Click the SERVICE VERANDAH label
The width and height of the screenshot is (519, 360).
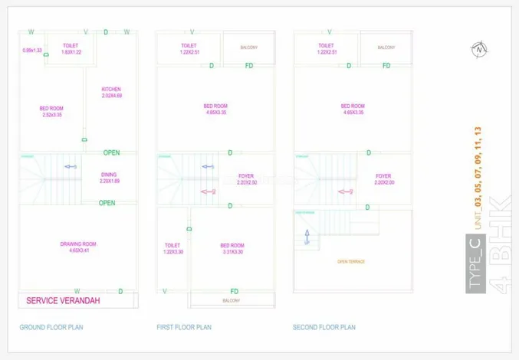64,300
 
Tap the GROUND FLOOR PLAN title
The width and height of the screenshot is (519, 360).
51,327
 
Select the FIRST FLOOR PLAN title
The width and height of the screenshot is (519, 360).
183,327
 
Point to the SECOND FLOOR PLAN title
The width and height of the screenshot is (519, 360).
324,327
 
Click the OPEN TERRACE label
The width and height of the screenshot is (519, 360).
352,261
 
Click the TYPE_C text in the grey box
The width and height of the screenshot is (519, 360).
475,264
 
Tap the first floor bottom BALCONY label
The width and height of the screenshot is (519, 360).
231,301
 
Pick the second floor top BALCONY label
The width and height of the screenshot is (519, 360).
386,47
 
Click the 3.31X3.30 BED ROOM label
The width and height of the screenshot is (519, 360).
232,248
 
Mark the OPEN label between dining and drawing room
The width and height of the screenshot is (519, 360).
107,203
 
